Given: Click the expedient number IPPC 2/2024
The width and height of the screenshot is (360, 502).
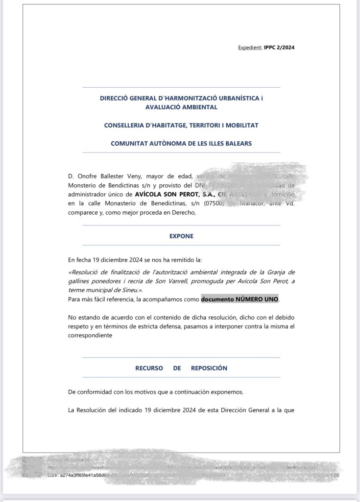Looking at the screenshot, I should coord(279,48).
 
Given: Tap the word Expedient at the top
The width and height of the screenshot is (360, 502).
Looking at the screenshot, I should coord(250,48).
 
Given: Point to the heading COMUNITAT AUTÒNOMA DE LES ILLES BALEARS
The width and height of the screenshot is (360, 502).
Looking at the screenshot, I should coord(181,144).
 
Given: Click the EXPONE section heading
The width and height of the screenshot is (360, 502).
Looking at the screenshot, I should coord(181,236).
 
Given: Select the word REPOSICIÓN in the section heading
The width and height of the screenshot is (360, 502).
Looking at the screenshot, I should coord(209,368).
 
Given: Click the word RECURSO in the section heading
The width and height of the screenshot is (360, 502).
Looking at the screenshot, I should coord(149,368).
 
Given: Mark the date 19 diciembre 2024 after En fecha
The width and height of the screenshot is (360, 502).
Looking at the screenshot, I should coord(118,259).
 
